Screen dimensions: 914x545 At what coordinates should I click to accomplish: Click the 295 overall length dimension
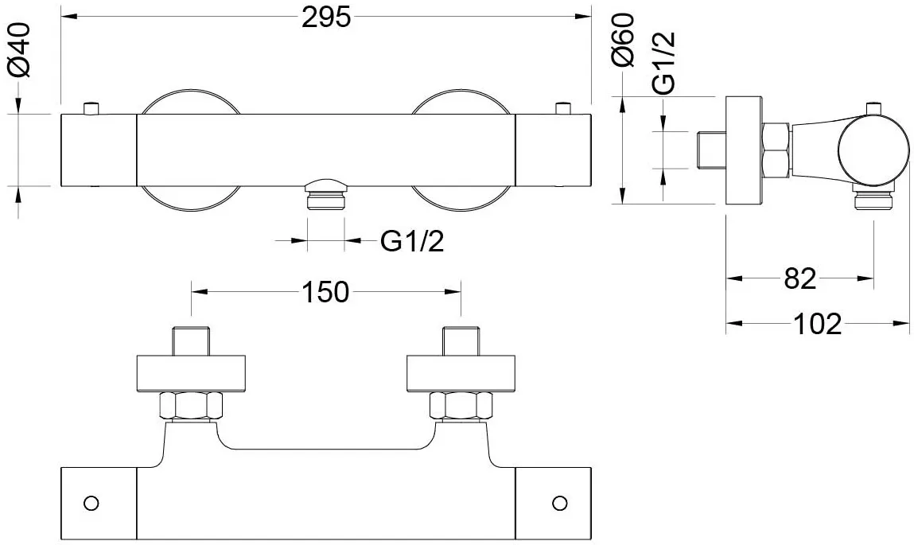tap(326, 18)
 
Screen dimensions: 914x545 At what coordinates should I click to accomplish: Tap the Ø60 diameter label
tap(623, 41)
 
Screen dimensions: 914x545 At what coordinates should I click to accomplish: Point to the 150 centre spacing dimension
tap(325, 291)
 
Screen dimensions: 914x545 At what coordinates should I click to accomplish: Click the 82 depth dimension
tap(799, 278)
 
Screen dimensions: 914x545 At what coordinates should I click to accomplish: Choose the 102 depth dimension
tap(818, 324)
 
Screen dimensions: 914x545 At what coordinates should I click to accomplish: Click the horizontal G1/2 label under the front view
tap(412, 240)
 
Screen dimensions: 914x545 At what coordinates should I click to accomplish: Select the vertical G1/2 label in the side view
tap(664, 62)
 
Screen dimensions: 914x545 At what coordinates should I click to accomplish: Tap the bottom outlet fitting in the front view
tap(326, 197)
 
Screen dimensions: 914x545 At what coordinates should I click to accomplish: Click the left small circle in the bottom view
tap(91, 503)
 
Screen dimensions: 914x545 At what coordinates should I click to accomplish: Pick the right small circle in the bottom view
tap(560, 503)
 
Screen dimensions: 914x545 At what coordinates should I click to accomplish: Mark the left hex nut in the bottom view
tap(191, 406)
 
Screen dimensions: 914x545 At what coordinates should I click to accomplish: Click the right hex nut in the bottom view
tap(461, 406)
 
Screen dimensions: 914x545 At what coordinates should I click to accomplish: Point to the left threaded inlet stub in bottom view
tap(191, 341)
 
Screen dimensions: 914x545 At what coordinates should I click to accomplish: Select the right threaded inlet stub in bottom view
tap(461, 341)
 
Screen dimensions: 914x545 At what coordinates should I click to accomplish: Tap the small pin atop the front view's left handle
tap(91, 108)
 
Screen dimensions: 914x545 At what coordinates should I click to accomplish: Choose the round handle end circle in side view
tap(873, 150)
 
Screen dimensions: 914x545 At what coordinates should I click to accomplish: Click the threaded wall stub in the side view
tap(712, 150)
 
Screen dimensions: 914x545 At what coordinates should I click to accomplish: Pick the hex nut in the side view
tap(776, 150)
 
